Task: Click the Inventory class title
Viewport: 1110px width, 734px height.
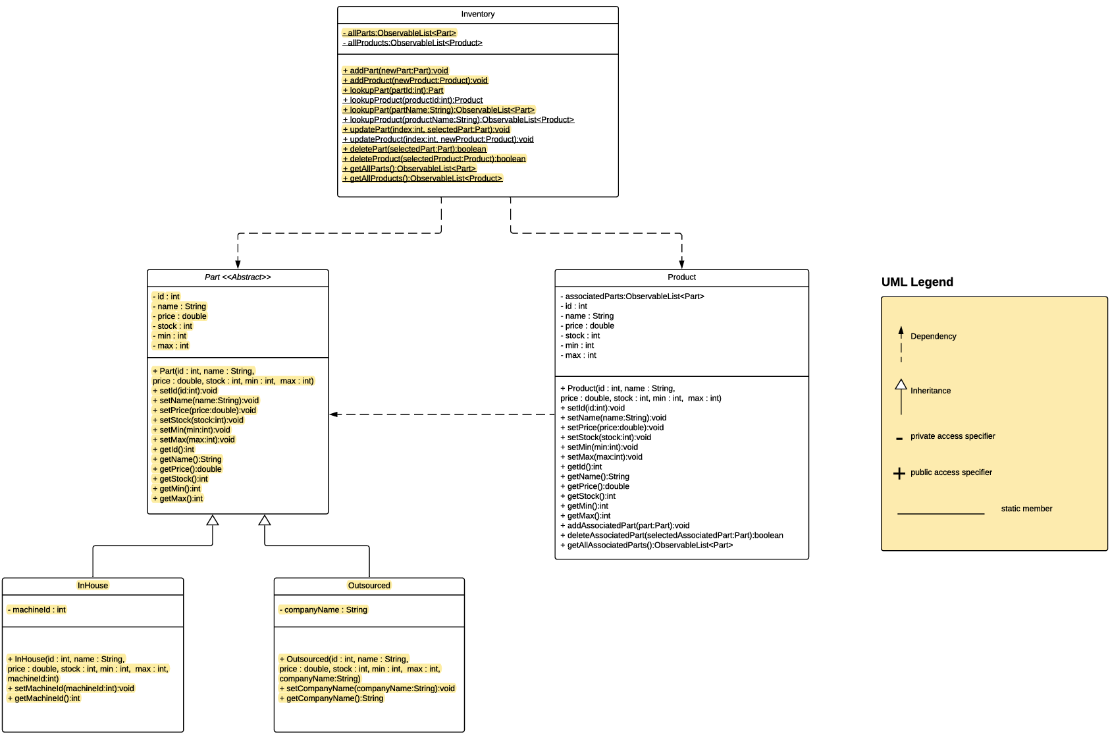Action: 478,14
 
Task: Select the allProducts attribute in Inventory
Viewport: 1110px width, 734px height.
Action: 412,43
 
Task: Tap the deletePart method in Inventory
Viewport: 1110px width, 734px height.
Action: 414,149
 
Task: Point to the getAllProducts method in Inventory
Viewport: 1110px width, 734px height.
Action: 422,178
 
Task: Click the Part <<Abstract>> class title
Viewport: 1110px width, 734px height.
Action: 238,277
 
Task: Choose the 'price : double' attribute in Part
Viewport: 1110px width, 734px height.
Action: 179,316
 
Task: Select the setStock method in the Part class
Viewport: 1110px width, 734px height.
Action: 198,420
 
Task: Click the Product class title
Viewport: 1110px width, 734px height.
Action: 681,277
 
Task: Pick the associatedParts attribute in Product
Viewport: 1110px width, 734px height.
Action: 632,296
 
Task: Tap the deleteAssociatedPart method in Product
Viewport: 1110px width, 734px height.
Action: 672,535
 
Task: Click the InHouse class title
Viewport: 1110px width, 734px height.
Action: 93,585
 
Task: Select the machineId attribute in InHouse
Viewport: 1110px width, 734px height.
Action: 37,609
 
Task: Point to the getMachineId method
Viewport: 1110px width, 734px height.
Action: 43,698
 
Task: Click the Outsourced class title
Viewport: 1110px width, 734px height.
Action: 369,585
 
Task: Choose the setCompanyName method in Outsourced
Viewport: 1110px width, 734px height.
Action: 367,689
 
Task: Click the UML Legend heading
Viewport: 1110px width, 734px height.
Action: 917,282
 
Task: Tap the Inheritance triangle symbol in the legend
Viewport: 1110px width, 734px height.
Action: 901,384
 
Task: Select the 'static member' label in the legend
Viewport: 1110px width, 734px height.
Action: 1026,509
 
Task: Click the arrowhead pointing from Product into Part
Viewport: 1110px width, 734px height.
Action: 334,414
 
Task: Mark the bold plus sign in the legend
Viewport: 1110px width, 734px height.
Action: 899,474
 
